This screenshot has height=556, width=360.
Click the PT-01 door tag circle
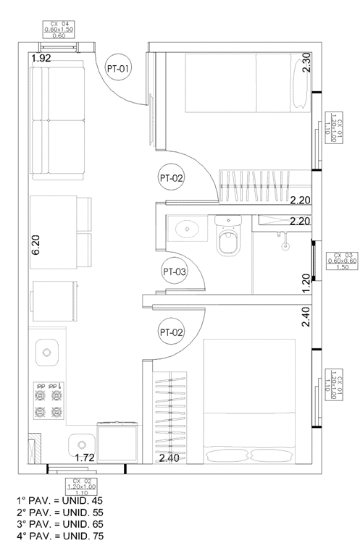[118, 69]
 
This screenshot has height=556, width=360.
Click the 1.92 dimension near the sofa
[41, 57]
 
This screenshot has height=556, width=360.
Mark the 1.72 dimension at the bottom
[86, 458]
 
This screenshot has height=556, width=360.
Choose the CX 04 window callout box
[59, 29]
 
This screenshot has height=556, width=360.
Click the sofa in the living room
[49, 120]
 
